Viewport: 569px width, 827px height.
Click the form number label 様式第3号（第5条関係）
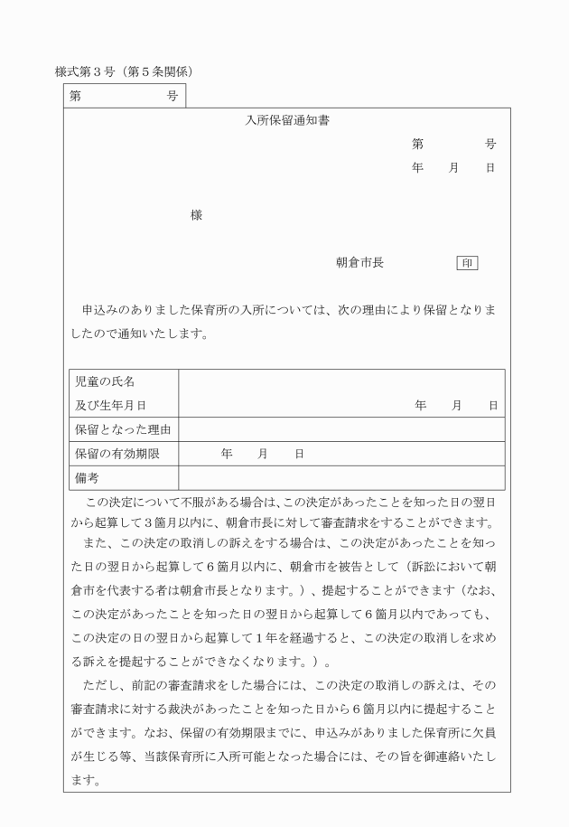126,70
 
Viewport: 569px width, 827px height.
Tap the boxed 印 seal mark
467,263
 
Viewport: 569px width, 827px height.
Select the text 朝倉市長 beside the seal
359,263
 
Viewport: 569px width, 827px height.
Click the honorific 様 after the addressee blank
196,215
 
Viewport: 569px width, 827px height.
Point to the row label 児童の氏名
104,382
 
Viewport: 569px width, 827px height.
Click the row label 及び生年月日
110,406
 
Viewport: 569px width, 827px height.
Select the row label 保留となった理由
122,429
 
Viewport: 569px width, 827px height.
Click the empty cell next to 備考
341,477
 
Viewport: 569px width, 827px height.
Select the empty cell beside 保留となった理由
341,429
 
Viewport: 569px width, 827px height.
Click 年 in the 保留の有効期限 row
226,454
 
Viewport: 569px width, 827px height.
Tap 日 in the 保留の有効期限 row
299,454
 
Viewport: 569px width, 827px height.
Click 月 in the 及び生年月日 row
457,406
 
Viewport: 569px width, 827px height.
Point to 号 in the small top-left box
172,95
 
